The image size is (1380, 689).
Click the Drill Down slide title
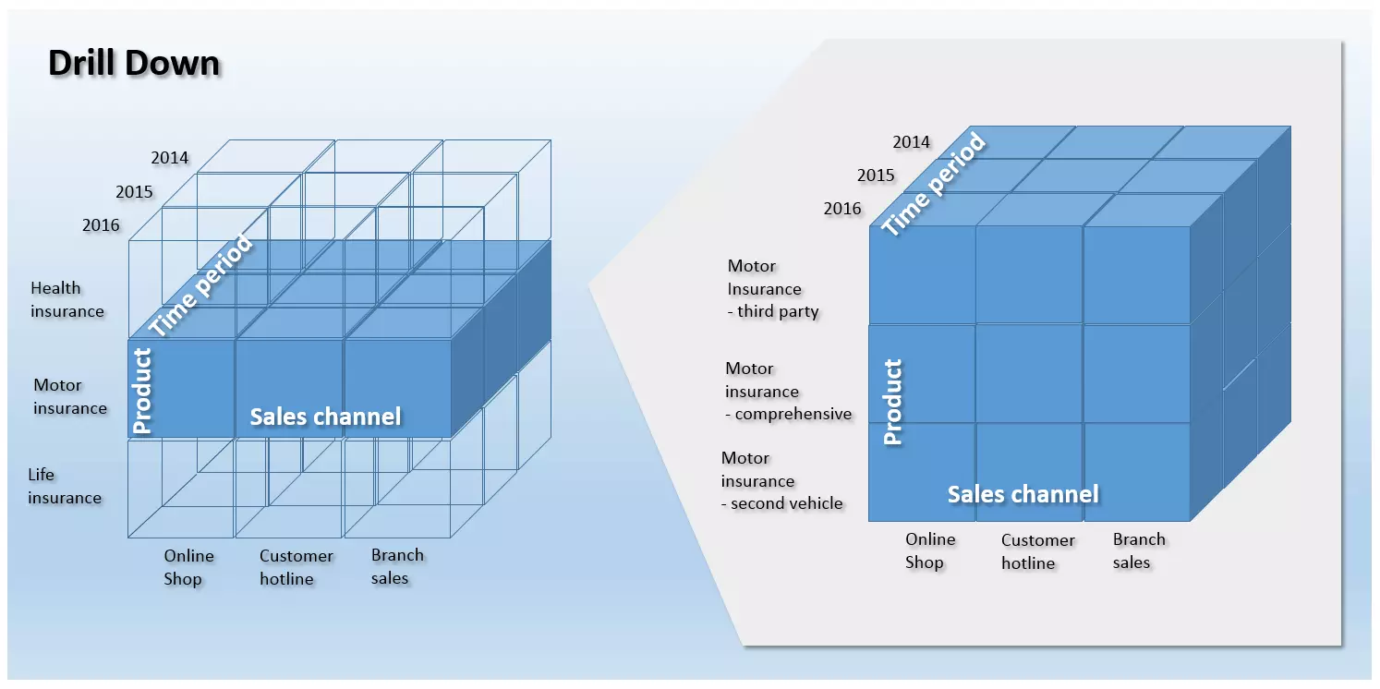pyautogui.click(x=134, y=64)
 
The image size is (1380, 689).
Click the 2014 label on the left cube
pyautogui.click(x=170, y=158)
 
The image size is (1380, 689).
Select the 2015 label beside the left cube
pyautogui.click(x=134, y=192)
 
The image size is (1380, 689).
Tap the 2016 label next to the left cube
pyautogui.click(x=101, y=224)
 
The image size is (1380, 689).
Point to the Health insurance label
pyautogui.click(x=67, y=299)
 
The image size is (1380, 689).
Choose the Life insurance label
pyautogui.click(x=64, y=486)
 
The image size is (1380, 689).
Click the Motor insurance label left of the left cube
pyautogui.click(x=70, y=396)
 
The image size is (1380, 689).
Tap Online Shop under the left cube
pyautogui.click(x=188, y=567)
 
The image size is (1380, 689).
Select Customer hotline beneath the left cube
pyautogui.click(x=296, y=567)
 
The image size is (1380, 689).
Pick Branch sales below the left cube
pyautogui.click(x=397, y=566)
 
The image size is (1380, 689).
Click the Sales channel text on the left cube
pyautogui.click(x=325, y=417)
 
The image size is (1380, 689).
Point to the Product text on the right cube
pyautogui.click(x=892, y=402)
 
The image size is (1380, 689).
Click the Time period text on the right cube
pyautogui.click(x=933, y=184)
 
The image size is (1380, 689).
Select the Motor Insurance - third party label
pyautogui.click(x=772, y=288)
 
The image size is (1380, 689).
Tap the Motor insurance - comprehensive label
pyautogui.click(x=788, y=391)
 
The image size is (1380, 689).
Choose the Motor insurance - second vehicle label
pyautogui.click(x=781, y=480)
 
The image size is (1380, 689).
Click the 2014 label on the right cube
pyautogui.click(x=911, y=142)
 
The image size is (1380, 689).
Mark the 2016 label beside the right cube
pyautogui.click(x=842, y=209)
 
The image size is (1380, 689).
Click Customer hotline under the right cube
pyautogui.click(x=1037, y=551)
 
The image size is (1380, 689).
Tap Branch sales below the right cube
pyautogui.click(x=1138, y=550)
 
